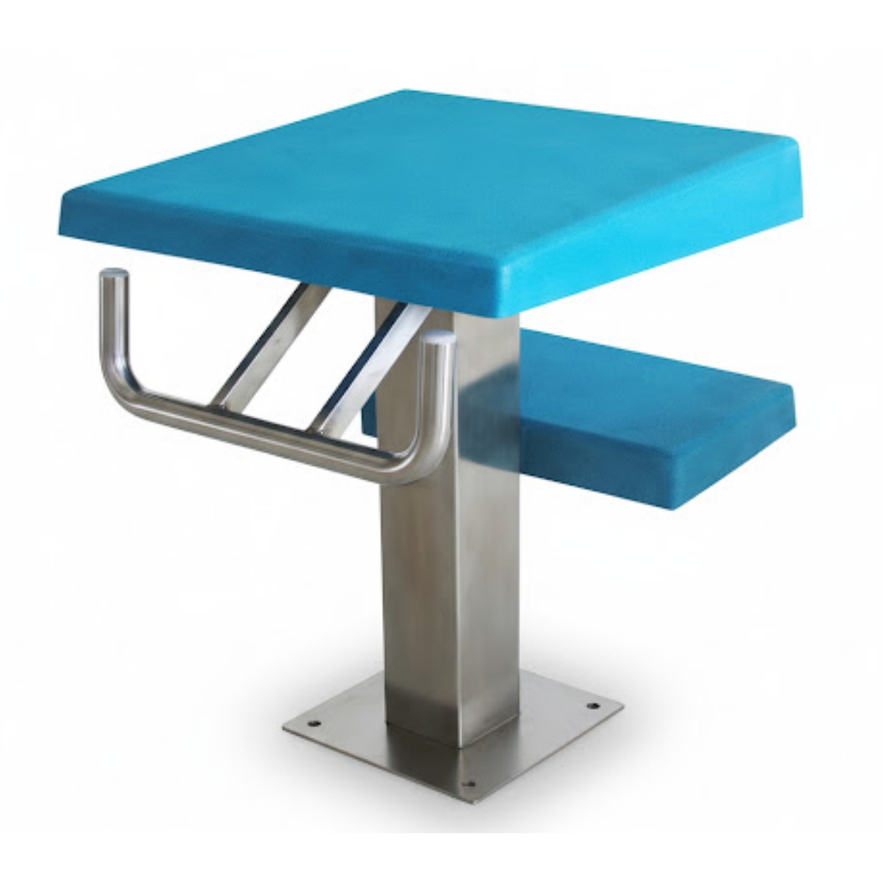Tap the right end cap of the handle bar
pos(440,338)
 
